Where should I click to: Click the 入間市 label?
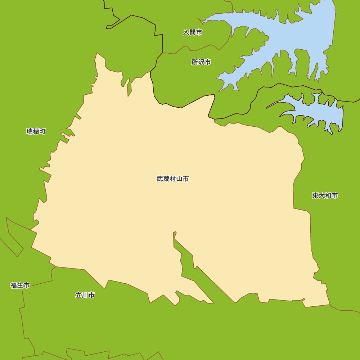(193, 32)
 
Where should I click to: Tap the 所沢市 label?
(201, 62)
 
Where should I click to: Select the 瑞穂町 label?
(36, 131)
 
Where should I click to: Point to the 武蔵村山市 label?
(173, 179)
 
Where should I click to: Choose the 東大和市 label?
(325, 195)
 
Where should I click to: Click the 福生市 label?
(20, 285)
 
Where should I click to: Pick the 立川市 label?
(85, 295)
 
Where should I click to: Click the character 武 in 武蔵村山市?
(160, 179)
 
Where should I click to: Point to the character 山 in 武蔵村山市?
(179, 179)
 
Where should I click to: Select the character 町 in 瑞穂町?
(42, 131)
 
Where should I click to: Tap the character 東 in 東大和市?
(316, 195)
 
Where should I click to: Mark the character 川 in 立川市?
(85, 295)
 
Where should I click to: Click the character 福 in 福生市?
(14, 285)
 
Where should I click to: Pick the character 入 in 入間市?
(186, 32)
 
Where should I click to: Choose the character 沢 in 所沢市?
(201, 62)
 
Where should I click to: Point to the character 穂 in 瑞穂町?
(36, 131)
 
